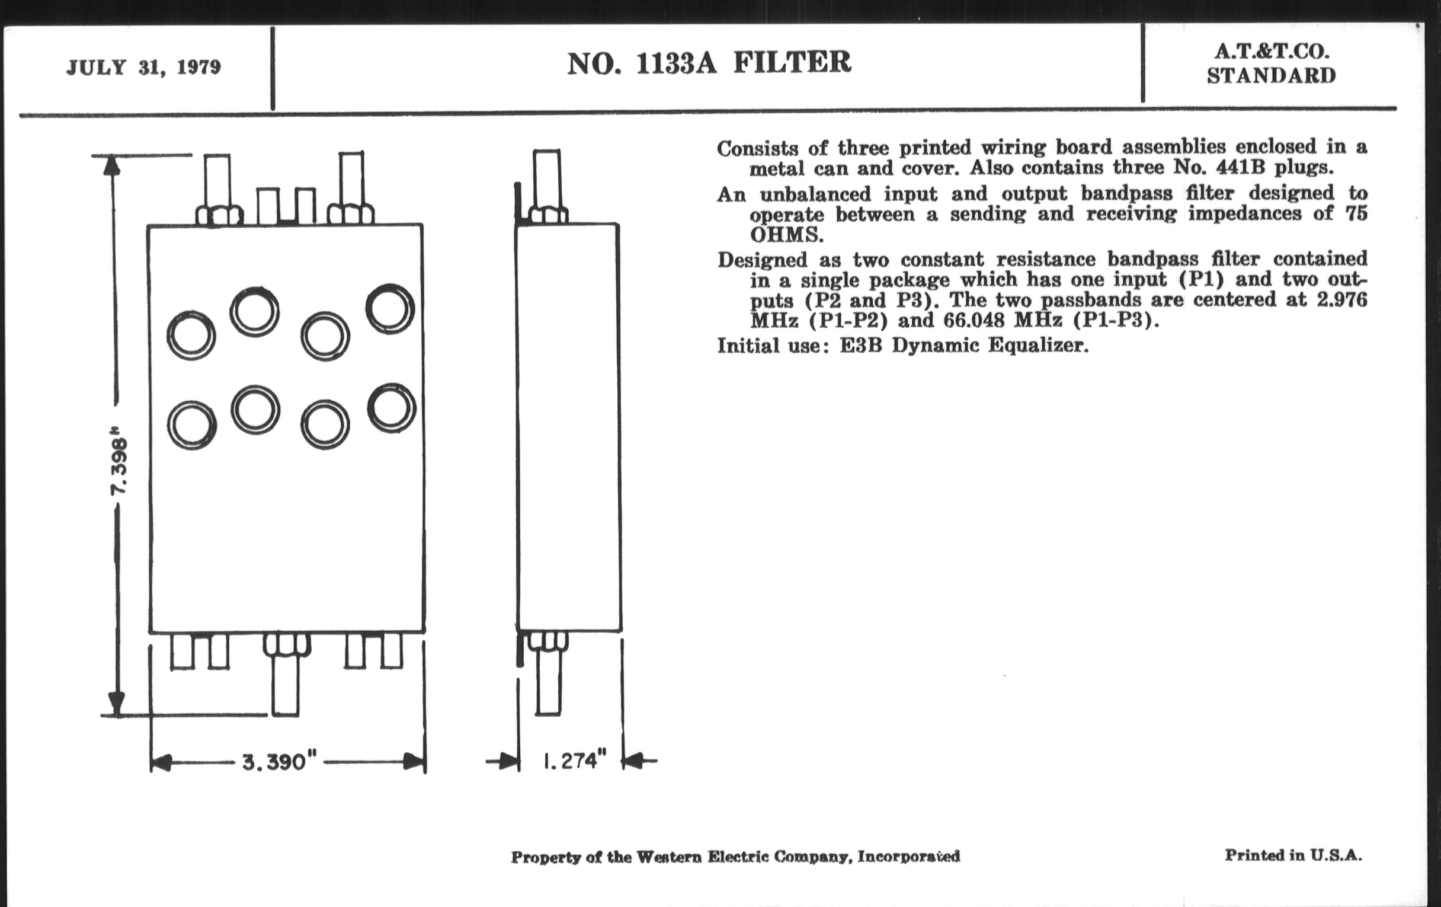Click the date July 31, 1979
pos(143,67)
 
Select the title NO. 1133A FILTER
pos(709,63)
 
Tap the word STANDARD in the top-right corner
pos(1271,76)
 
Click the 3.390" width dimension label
pos(279,762)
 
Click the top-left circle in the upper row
pos(191,336)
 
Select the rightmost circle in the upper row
pos(390,309)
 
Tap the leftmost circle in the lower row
pos(191,426)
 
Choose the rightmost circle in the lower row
pos(392,408)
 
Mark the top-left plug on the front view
pos(218,189)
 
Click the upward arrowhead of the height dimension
pos(112,166)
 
